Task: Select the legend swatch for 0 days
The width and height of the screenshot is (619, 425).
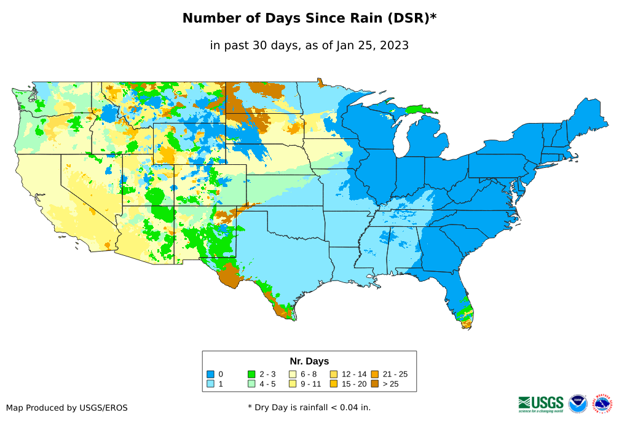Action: point(210,374)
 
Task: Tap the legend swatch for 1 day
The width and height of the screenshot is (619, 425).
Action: point(210,384)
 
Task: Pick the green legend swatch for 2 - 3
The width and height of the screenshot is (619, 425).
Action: point(251,374)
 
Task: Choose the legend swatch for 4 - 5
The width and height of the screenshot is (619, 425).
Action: point(251,384)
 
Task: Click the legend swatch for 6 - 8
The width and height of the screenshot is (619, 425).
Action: point(293,374)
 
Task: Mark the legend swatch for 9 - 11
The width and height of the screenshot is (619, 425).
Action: point(293,384)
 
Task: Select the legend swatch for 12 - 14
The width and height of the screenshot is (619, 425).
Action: point(333,374)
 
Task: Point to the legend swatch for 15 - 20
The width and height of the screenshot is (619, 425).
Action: point(333,384)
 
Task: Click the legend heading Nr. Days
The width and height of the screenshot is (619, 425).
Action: point(309,361)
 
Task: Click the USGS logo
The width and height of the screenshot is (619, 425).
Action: point(541,403)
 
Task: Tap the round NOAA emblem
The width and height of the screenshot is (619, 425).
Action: point(578,403)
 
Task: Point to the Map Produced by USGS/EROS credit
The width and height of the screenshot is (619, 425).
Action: point(67,408)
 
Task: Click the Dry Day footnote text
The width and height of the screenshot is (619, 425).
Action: point(309,407)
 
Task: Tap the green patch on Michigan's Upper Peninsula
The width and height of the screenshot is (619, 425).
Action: point(420,109)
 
